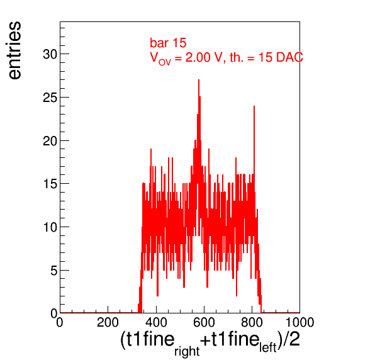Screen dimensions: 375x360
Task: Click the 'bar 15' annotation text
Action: (168, 43)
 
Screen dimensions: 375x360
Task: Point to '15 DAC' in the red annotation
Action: (281, 57)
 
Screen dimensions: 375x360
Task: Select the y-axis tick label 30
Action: (50, 54)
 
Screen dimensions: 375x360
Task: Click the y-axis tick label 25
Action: (50, 98)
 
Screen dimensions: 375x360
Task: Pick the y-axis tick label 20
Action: (50, 141)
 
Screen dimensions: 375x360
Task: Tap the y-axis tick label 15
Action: (50, 184)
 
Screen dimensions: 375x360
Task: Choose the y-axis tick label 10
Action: (50, 227)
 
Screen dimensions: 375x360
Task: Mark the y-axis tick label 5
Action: (53, 271)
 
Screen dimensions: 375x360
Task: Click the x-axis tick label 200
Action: (108, 322)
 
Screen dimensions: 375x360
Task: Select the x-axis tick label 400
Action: (156, 322)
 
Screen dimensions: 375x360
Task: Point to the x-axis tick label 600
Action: (204, 322)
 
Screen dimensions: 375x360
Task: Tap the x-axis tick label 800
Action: (252, 322)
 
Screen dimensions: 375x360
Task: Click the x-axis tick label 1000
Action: (299, 322)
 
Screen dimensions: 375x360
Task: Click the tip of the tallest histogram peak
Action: (199, 80)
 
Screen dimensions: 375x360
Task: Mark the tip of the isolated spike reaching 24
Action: (254, 106)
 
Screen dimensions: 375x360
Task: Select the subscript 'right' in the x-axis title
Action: (187, 351)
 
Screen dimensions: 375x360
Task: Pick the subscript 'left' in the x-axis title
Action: (268, 347)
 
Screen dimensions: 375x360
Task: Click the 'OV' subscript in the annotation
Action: (165, 62)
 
